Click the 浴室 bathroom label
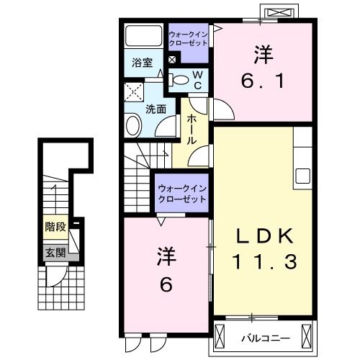(142, 63)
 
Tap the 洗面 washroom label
(156, 109)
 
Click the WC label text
(198, 78)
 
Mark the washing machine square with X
(133, 91)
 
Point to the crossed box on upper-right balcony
(279, 13)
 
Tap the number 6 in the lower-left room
(166, 285)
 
